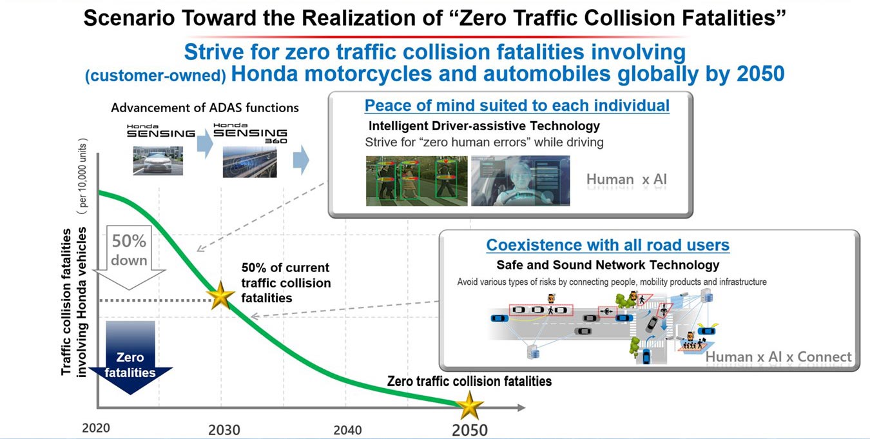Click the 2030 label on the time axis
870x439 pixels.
(224, 430)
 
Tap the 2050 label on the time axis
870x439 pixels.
(470, 430)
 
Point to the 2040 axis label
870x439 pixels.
(347, 430)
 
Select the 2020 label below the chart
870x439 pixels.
(96, 428)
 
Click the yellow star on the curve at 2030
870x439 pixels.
(220, 296)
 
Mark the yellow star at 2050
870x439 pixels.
(470, 405)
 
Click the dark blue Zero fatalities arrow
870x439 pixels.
(130, 357)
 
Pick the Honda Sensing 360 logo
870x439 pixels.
(251, 133)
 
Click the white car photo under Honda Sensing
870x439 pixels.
(158, 161)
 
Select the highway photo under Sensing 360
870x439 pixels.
(250, 162)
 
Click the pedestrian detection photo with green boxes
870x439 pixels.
(417, 180)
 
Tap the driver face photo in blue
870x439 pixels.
(521, 180)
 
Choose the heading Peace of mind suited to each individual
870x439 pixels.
(517, 106)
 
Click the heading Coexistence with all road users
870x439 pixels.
(608, 245)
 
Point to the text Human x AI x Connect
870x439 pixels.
(778, 356)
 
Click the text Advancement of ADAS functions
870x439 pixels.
(205, 108)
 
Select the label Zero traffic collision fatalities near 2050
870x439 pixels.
(469, 382)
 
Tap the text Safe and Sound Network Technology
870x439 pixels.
(608, 265)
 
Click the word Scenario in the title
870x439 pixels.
(129, 18)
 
